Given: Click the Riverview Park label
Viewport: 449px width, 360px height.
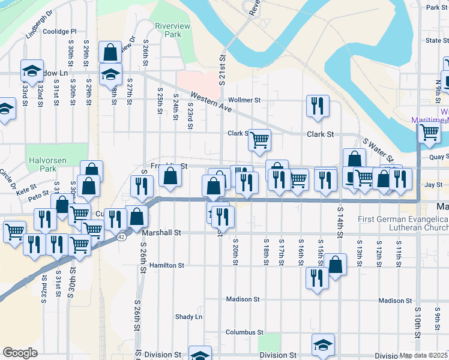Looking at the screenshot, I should [168, 30].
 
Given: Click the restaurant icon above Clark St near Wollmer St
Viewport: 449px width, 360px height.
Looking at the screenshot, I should [316, 106].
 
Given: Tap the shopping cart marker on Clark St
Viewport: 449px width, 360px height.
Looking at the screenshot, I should [259, 140].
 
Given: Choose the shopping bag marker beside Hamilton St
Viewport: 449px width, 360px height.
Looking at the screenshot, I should [336, 265].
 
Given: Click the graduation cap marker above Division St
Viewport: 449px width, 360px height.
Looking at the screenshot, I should [323, 344].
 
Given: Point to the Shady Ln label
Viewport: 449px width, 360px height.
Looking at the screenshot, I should [188, 317].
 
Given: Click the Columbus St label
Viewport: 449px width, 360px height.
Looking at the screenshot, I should [244, 332].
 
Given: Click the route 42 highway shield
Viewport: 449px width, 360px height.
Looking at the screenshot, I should [122, 238].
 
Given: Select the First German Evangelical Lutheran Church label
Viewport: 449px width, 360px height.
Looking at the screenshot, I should [403, 224].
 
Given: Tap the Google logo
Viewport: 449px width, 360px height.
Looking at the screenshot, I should [20, 352].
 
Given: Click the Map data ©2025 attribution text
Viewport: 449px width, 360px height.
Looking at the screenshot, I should [423, 356].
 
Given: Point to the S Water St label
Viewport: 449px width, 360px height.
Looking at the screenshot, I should [378, 150].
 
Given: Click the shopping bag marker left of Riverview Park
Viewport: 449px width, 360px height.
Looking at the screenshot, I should [111, 52].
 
